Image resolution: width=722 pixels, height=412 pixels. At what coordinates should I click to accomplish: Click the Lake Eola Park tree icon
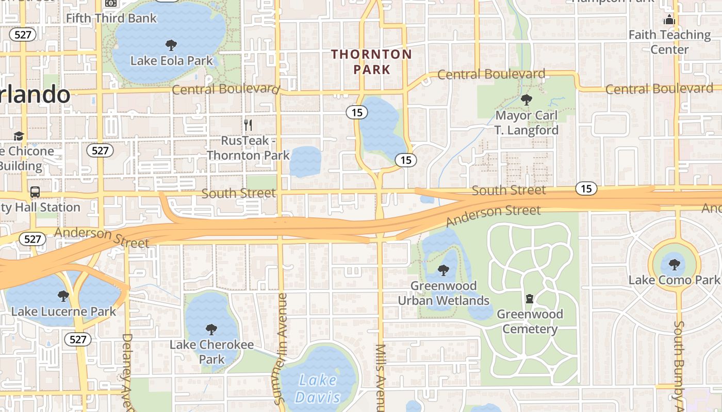click(x=171, y=45)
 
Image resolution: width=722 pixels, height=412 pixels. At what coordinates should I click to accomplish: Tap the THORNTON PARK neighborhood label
click(x=371, y=61)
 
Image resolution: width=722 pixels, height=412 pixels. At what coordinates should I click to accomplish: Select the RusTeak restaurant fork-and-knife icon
click(x=248, y=125)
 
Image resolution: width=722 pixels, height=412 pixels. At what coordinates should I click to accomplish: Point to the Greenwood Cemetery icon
click(x=529, y=299)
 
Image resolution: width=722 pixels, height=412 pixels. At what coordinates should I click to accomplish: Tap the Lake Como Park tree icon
click(x=674, y=265)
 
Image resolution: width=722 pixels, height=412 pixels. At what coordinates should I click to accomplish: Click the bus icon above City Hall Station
click(x=35, y=192)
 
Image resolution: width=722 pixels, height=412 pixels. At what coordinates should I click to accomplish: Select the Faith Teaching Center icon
click(x=669, y=20)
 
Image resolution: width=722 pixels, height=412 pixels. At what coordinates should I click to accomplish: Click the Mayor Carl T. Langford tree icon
click(x=526, y=99)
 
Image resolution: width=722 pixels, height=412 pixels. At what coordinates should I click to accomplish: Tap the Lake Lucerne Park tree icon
click(x=63, y=296)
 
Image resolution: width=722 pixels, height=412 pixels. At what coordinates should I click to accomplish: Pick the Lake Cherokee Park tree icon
click(x=211, y=329)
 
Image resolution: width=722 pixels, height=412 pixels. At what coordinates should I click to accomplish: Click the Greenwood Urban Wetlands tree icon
click(x=443, y=270)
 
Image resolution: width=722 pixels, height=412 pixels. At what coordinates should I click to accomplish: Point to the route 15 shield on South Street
click(x=586, y=188)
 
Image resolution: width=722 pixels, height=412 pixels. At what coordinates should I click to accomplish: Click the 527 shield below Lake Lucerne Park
click(x=77, y=339)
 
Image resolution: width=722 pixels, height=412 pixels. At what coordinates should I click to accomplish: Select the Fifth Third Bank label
click(x=111, y=19)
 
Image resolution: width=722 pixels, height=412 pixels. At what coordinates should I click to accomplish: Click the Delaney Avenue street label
click(x=127, y=371)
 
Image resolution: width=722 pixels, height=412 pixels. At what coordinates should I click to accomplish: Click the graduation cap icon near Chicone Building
click(x=19, y=136)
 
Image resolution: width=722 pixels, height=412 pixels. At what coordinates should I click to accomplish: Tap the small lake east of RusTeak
click(x=305, y=161)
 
